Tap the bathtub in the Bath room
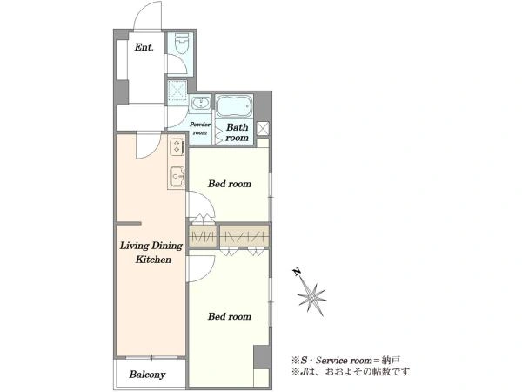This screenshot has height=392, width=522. click(234, 105)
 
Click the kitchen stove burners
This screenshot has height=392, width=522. click(177, 147)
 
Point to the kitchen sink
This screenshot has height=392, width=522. click(177, 176)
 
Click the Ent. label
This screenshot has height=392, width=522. click(144, 47)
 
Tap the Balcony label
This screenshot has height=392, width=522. click(148, 375)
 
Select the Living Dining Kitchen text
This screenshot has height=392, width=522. click(151, 253)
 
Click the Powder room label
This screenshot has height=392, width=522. click(200, 128)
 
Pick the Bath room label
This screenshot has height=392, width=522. click(237, 132)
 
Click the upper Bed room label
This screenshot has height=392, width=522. click(230, 184)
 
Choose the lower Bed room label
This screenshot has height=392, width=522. click(230, 316)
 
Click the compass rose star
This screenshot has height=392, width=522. click(311, 296)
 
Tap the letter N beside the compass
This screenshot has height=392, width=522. click(296, 273)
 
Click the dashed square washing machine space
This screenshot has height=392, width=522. click(177, 90)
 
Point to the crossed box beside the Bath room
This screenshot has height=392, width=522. click(263, 129)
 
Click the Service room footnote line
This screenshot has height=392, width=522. click(345, 361)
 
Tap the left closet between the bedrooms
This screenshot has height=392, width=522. click(203, 236)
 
